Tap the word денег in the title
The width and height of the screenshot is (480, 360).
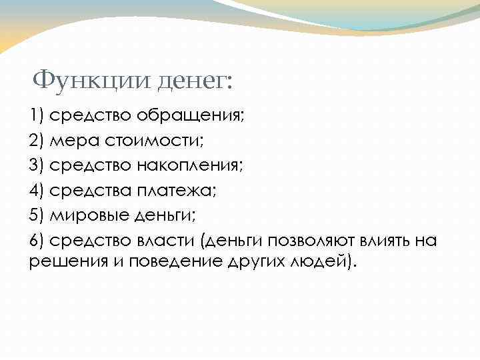196,82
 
